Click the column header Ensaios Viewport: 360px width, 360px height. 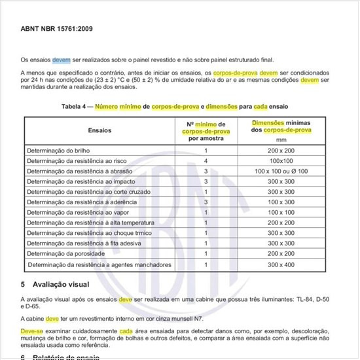pyautogui.click(x=99, y=130)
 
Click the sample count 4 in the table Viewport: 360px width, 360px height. pyautogui.click(x=206, y=160)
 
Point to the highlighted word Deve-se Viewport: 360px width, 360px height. pyautogui.click(x=31, y=331)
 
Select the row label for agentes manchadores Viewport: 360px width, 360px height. pyautogui.click(x=99, y=264)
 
